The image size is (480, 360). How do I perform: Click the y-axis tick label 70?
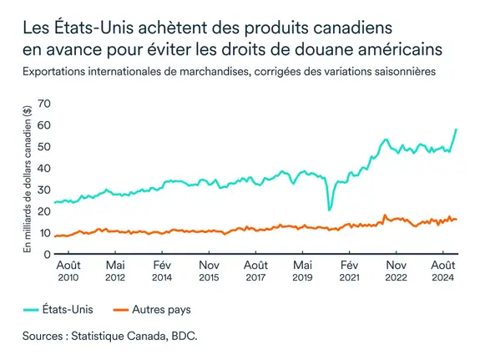click(x=43, y=103)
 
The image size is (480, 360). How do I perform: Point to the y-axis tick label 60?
click(x=43, y=124)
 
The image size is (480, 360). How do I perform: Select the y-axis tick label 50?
click(x=43, y=146)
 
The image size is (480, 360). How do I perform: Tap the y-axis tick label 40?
click(x=43, y=168)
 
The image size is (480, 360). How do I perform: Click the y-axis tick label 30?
click(x=43, y=190)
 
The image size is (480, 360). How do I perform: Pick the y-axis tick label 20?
click(x=43, y=211)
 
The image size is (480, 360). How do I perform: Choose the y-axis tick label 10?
click(x=43, y=233)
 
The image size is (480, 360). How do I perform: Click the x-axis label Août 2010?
click(x=68, y=271)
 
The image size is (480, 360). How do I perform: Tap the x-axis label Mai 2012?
click(x=115, y=271)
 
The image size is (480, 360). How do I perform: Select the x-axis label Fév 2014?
click(x=162, y=271)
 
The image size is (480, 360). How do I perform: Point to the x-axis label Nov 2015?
click(x=210, y=271)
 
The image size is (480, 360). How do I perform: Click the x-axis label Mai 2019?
click(x=304, y=271)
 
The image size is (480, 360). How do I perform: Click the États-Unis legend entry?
click(x=59, y=309)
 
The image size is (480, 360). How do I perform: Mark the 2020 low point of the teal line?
click(x=330, y=209)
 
